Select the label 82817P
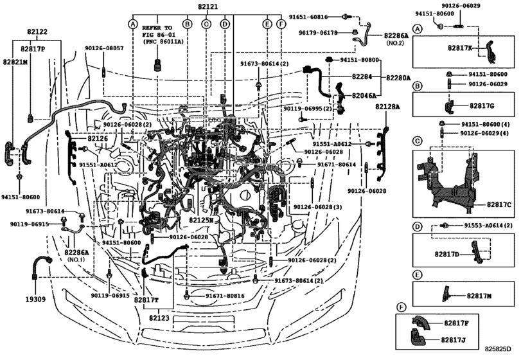coord(32,48)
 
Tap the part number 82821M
coord(15,62)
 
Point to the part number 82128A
coord(388,106)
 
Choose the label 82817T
coord(146,300)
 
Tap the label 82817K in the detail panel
coord(459,48)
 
